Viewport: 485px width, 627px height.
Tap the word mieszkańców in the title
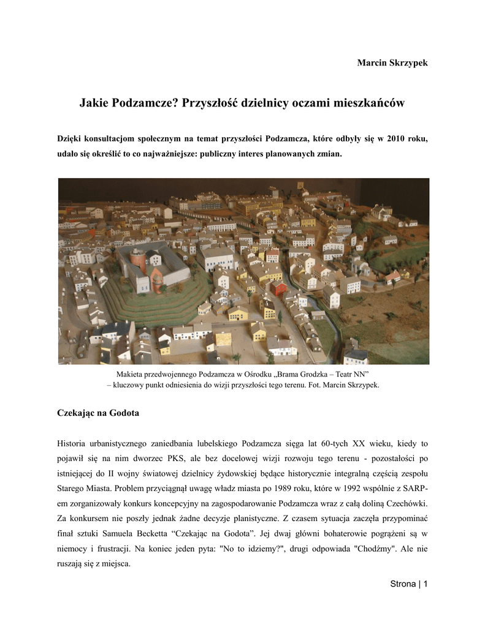click(x=366, y=103)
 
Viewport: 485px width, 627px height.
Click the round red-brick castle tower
click(x=138, y=263)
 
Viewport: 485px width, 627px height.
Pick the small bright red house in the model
click(x=279, y=287)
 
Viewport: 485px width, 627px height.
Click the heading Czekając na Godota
click(x=98, y=413)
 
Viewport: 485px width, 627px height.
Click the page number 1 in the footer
click(x=424, y=584)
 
